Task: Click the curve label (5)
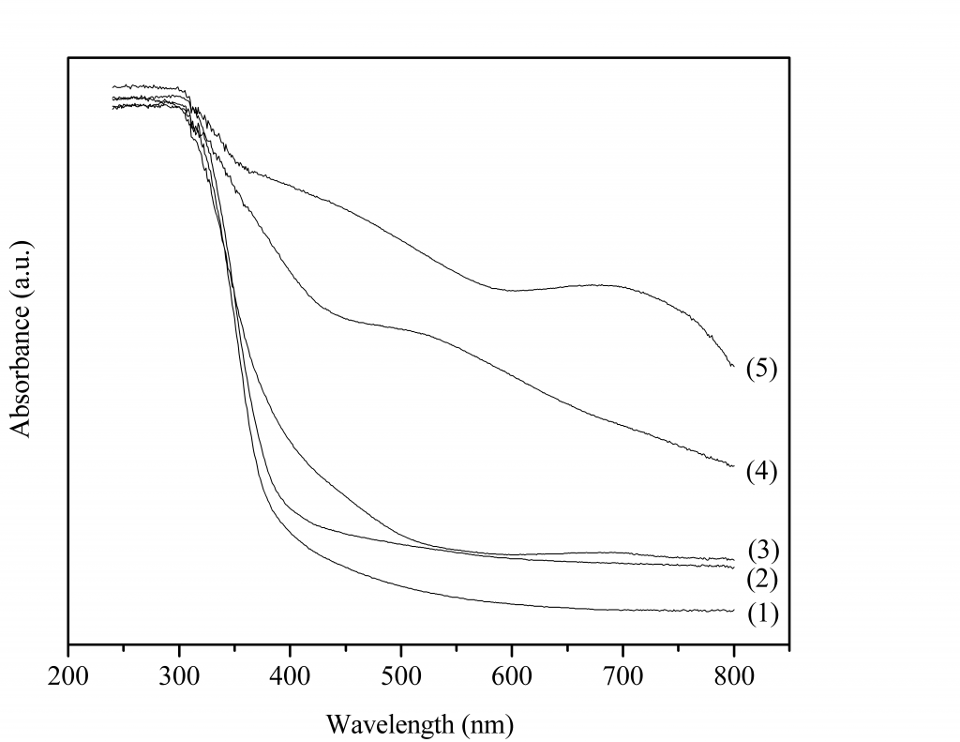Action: pyautogui.click(x=762, y=369)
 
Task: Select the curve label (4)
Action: pyautogui.click(x=762, y=471)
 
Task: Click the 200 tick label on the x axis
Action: pyautogui.click(x=68, y=675)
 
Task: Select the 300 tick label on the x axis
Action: pyautogui.click(x=179, y=675)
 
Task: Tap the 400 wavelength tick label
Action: pyautogui.click(x=290, y=675)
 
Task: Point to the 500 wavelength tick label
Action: pyautogui.click(x=401, y=675)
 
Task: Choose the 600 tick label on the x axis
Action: pyautogui.click(x=512, y=675)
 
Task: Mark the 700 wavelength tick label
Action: pyautogui.click(x=622, y=675)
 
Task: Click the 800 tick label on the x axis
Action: pyautogui.click(x=733, y=675)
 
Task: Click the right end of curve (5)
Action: pyautogui.click(x=732, y=366)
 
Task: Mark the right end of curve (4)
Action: pyautogui.click(x=732, y=466)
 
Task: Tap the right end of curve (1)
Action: pyautogui.click(x=732, y=611)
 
